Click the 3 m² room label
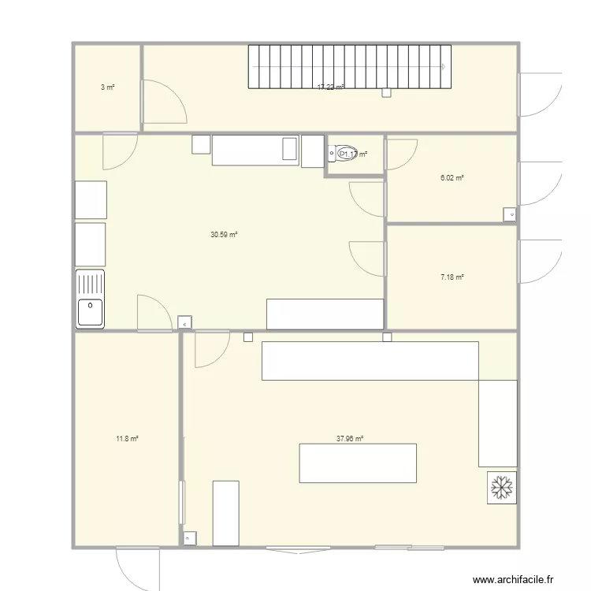tap(107, 87)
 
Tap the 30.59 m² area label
tap(224, 234)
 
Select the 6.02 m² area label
tap(452, 178)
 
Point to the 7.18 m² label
tap(452, 277)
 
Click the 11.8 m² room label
tap(127, 438)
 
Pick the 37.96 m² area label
tap(349, 439)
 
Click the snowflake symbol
tap(501, 488)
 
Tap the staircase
tap(349, 66)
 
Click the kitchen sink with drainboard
tap(90, 299)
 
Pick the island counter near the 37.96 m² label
tap(358, 463)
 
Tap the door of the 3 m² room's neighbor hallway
tap(162, 102)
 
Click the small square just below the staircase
tap(385, 93)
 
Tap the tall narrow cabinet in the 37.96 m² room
tap(225, 512)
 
